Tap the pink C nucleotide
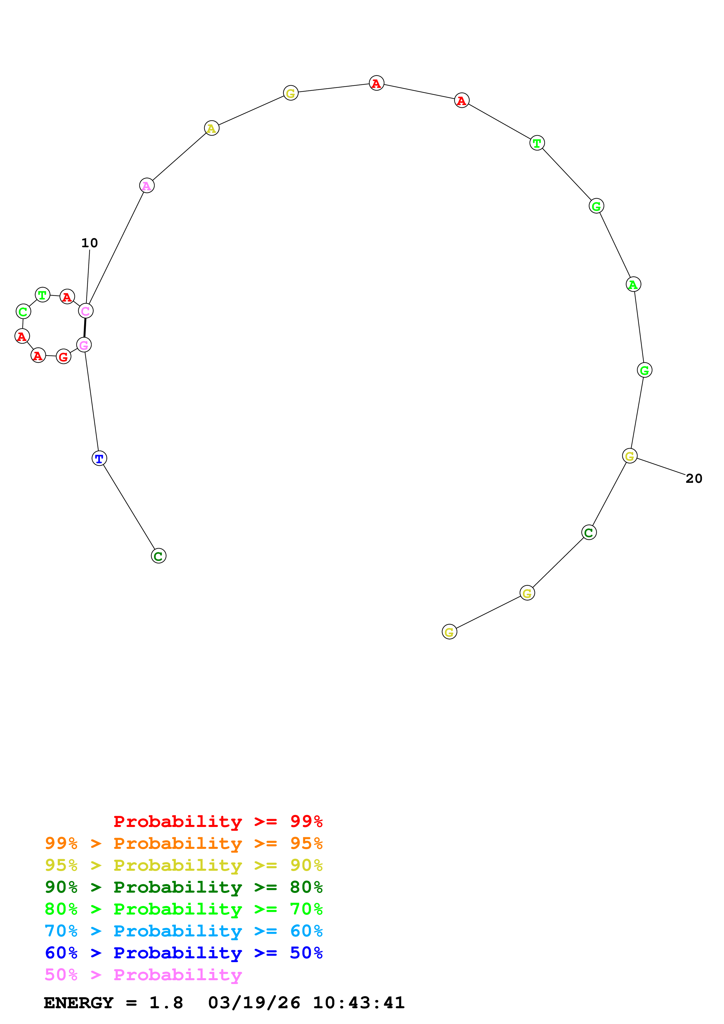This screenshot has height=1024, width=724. [85, 311]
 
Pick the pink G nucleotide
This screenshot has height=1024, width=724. [84, 345]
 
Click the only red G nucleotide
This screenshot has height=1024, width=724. [63, 357]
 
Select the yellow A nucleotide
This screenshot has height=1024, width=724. [211, 128]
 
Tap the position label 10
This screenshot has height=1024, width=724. [89, 243]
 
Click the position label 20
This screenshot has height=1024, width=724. [694, 478]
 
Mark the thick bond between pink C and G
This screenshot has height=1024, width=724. [85, 328]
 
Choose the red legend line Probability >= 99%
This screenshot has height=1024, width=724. [218, 821]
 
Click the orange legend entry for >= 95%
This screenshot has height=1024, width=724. [183, 843]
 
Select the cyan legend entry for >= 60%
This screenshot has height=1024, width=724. [183, 931]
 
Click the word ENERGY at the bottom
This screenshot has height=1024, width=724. [79, 1003]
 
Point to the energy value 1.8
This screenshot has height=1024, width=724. [166, 1003]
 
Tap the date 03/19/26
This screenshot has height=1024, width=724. [254, 1003]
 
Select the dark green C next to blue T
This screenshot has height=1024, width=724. [158, 556]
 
